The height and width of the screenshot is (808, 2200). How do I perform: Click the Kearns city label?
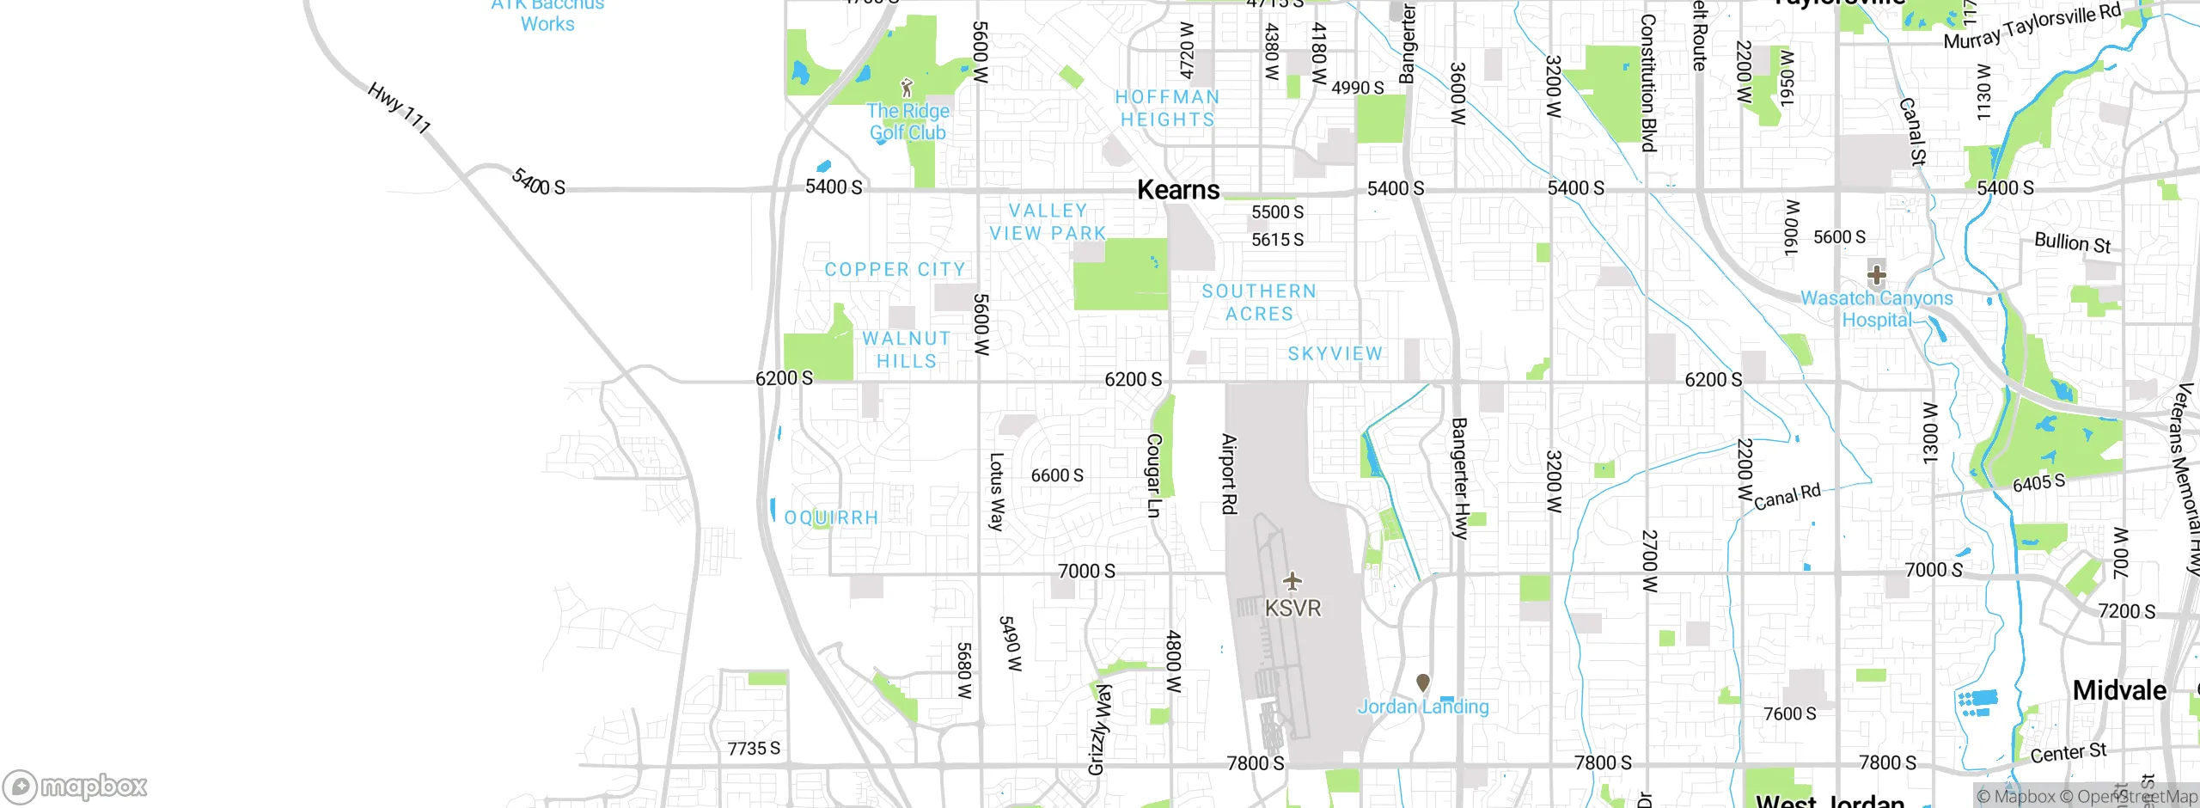click(1178, 190)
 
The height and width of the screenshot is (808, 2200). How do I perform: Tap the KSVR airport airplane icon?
click(1292, 582)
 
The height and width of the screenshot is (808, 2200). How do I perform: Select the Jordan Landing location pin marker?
click(1423, 683)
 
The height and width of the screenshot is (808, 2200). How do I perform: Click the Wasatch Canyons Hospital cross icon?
click(1876, 275)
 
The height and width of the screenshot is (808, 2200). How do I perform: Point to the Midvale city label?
click(2119, 690)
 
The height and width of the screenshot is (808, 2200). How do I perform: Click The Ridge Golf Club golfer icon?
click(907, 88)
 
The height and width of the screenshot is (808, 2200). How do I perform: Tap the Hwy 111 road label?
click(399, 108)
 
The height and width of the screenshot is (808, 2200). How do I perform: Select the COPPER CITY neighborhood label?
click(895, 270)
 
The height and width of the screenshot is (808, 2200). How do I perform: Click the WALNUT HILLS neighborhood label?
click(907, 350)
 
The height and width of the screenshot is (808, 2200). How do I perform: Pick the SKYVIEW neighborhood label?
click(1335, 354)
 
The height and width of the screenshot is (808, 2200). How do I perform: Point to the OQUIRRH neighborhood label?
click(831, 517)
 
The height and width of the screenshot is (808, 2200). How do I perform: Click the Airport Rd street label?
click(1230, 474)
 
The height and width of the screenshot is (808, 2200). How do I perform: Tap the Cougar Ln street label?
click(1154, 474)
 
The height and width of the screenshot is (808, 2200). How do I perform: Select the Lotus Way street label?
click(996, 492)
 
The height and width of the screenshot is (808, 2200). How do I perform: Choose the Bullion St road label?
click(2072, 243)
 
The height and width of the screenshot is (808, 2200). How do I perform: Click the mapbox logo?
click(76, 787)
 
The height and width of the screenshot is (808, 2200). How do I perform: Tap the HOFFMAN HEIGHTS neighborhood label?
click(1166, 108)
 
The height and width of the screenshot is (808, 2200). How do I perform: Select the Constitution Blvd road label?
click(1647, 83)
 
